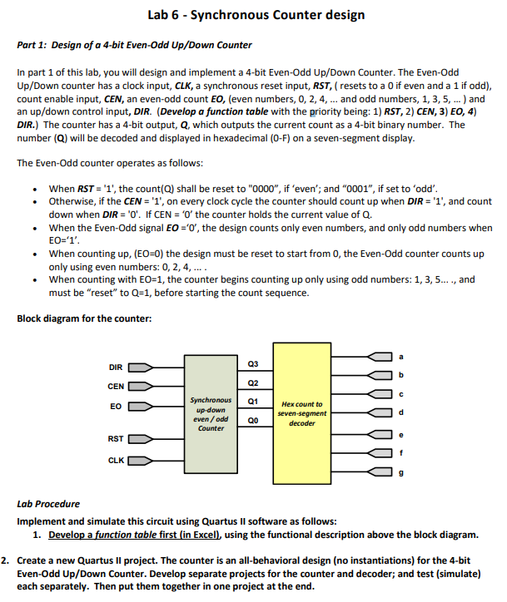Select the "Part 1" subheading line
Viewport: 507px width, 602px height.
135,44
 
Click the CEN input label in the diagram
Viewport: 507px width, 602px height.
117,386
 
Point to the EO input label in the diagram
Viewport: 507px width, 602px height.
117,407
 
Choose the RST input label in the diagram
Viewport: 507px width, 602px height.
117,438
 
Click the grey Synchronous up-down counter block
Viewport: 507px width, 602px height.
211,413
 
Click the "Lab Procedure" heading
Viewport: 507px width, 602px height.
48,504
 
